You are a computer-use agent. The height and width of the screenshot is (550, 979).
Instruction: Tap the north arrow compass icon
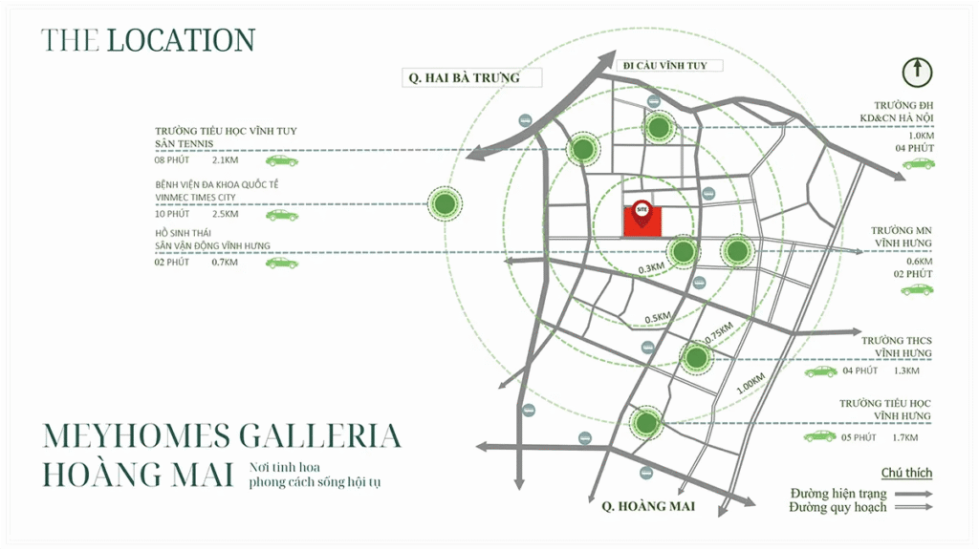coord(919,72)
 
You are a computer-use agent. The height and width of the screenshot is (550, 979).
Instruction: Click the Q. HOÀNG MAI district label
coord(641,505)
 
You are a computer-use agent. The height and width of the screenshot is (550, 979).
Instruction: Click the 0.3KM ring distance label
coord(651,268)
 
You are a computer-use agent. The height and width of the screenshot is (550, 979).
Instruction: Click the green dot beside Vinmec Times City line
coord(444,202)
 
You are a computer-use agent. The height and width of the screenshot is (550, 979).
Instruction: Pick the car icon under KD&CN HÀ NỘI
coord(918,163)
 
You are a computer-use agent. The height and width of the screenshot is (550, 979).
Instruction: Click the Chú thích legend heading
coord(905,473)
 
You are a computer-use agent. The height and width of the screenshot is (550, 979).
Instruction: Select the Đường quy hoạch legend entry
coord(838,508)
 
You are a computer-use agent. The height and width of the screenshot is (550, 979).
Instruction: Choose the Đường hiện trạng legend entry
coord(838,494)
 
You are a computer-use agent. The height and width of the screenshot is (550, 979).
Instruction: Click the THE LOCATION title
coord(147,40)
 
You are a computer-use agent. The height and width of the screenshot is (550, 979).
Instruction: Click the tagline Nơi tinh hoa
coord(283,467)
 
